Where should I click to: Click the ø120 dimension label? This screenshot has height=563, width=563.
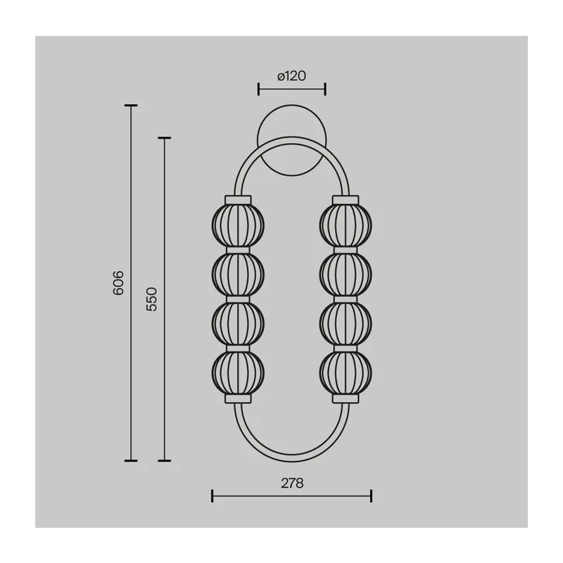point(291,76)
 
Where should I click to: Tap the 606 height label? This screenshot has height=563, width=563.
point(118,283)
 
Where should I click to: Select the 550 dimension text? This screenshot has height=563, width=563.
point(152,299)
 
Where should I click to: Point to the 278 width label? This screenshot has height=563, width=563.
point(292,483)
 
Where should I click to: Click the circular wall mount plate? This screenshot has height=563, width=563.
point(291,122)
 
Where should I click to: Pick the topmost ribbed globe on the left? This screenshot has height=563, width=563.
point(238,225)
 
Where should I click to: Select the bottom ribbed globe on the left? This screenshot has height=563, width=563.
point(238,373)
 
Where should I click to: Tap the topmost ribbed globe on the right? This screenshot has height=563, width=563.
point(346,225)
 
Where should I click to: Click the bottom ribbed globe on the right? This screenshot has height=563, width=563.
point(346,373)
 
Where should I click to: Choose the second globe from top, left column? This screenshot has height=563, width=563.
point(238,274)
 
